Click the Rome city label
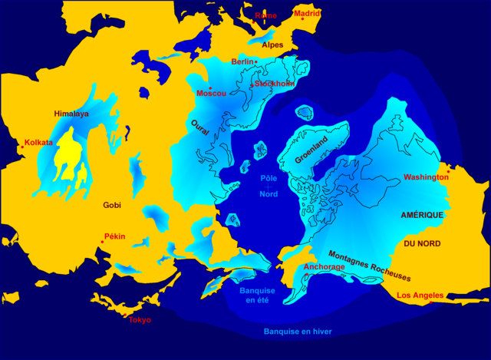[x=265, y=15]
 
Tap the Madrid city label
[x=307, y=13]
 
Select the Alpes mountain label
[x=272, y=45]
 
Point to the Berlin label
[x=242, y=61]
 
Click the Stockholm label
[x=275, y=83]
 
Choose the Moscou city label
[x=212, y=94]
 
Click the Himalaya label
[x=71, y=114]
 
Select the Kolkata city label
[x=38, y=143]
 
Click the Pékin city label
[x=114, y=236]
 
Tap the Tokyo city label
[x=140, y=319]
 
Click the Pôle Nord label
[x=269, y=185]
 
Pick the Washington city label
[x=426, y=177]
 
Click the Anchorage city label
[x=324, y=267]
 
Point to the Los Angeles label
[x=420, y=295]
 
